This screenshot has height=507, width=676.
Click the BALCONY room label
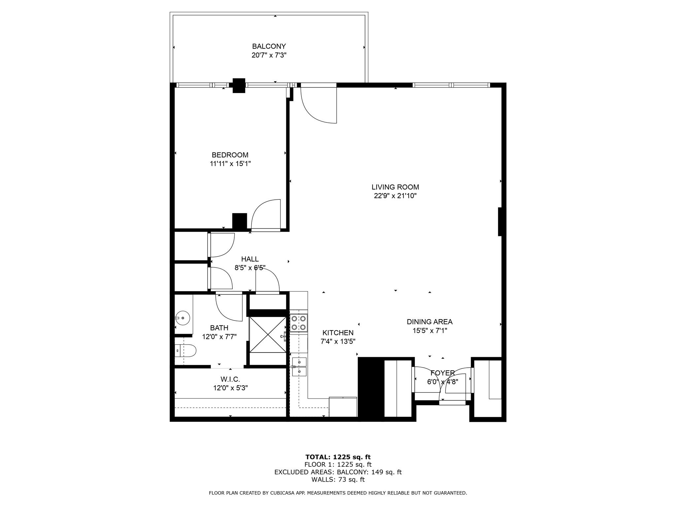point(269,47)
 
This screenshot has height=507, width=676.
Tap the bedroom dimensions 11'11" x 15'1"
point(230,164)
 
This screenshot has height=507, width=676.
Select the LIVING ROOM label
point(395,187)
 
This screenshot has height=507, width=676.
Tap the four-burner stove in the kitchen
point(299,323)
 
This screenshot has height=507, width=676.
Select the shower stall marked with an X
point(268,335)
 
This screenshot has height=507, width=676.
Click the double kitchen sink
point(299,367)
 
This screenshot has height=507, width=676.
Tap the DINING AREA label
point(429,322)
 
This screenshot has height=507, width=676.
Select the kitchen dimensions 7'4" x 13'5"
point(338,342)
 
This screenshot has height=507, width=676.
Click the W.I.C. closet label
point(230,380)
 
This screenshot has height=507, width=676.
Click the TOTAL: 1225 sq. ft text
point(338,457)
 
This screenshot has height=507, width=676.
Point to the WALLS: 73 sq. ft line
point(338,480)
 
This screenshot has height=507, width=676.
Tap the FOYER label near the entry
point(442,373)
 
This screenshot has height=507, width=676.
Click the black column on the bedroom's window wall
point(239,85)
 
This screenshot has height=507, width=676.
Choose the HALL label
point(250,259)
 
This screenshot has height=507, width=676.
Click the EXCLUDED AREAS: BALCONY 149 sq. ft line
point(338,472)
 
